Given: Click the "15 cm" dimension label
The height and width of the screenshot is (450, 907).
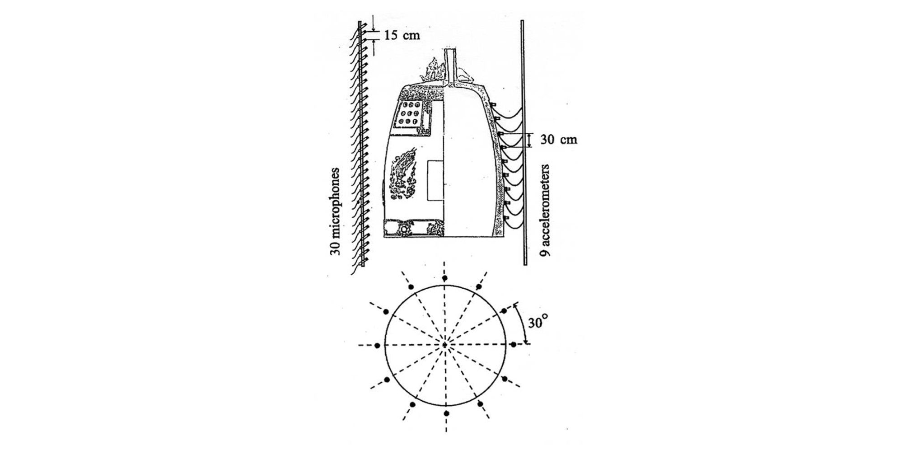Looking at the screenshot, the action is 402,35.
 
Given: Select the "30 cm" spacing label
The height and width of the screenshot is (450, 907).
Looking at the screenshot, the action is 559,140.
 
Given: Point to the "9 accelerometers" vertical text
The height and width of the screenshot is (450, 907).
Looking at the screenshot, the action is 546,211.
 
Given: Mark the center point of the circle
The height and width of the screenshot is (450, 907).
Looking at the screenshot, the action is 445,345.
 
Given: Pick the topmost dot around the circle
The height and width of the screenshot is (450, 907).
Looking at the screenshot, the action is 445,278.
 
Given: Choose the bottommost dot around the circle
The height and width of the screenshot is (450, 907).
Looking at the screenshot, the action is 446,413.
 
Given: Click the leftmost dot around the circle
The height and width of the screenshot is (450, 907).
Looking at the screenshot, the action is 377,345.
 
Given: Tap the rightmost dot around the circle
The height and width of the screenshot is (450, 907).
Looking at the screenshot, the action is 513,344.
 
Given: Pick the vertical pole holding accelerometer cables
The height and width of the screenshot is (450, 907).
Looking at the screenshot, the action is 524,142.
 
